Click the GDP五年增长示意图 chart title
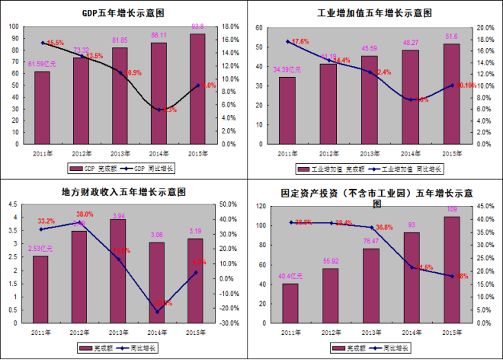[x=125, y=13]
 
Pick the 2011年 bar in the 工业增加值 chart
[x=287, y=110]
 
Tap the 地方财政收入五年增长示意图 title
[x=125, y=192]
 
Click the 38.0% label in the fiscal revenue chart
[x=84, y=214]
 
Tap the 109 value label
[x=452, y=209]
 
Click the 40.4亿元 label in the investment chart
[x=289, y=276]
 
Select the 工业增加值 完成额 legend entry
[x=342, y=168]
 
